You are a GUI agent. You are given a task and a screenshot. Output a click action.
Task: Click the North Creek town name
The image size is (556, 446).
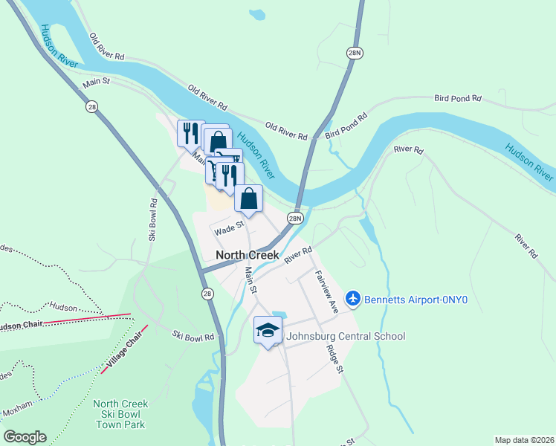pyautogui.click(x=247, y=255)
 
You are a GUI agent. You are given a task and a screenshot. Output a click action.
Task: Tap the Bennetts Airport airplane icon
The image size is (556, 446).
pyautogui.click(x=352, y=299)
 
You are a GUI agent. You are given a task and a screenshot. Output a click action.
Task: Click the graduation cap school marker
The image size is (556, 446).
pyautogui.click(x=268, y=330)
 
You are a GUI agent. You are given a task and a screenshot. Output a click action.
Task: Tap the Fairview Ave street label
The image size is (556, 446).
pyautogui.click(x=326, y=291)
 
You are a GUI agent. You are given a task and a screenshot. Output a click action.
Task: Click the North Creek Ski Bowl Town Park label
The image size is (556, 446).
pyautogui.click(x=120, y=414)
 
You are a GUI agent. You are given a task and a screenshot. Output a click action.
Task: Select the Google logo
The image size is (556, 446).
pyautogui.click(x=25, y=437)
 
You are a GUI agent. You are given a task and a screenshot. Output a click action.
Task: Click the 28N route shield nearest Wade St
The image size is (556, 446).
pyautogui.click(x=295, y=218)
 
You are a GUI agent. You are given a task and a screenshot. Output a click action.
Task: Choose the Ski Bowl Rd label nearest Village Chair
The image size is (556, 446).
pyautogui.click(x=193, y=336)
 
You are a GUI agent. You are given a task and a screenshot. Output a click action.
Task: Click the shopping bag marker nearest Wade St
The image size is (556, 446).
pyautogui.click(x=248, y=198)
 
